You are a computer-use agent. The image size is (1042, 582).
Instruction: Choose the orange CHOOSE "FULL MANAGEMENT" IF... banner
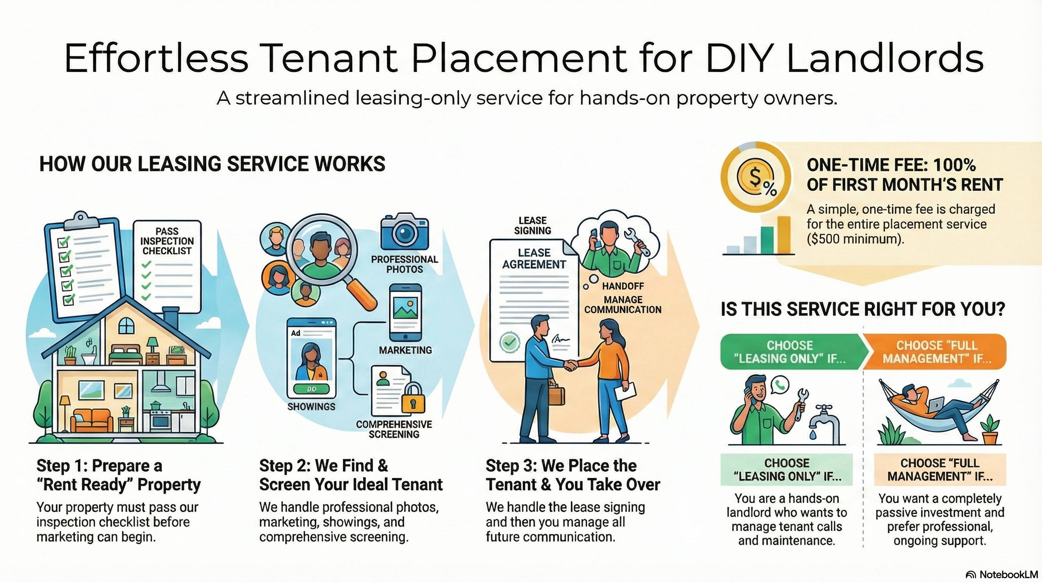(936, 351)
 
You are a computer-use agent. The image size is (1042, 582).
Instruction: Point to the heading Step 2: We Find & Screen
(351, 475)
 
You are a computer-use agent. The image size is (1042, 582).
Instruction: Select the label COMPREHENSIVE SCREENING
(394, 429)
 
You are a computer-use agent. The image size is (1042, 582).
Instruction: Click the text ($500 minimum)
(855, 239)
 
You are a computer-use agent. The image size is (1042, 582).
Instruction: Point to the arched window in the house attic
(126, 325)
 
